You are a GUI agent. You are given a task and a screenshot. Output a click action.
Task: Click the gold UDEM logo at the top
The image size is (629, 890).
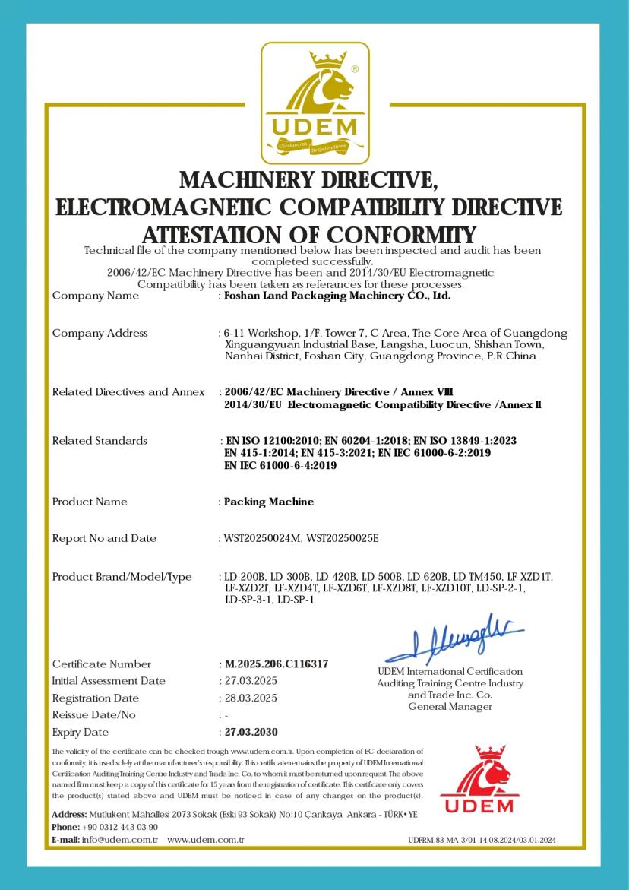315,103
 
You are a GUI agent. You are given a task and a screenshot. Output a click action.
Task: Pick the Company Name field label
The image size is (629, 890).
95,296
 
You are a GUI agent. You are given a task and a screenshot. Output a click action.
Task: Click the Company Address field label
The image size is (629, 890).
100,333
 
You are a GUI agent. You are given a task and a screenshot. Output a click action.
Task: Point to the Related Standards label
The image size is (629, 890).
100,441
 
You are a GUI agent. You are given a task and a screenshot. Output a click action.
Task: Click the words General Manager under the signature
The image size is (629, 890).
450,707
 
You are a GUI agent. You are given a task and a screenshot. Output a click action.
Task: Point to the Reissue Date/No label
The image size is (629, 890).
93,715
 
